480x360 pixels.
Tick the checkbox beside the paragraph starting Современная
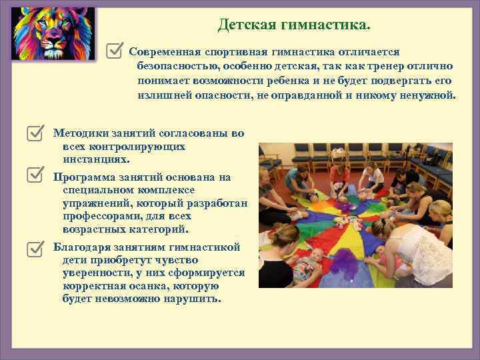point(115,50)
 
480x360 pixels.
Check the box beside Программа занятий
point(37,175)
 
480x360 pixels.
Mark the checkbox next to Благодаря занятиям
point(37,248)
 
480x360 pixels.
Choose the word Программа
point(83,177)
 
